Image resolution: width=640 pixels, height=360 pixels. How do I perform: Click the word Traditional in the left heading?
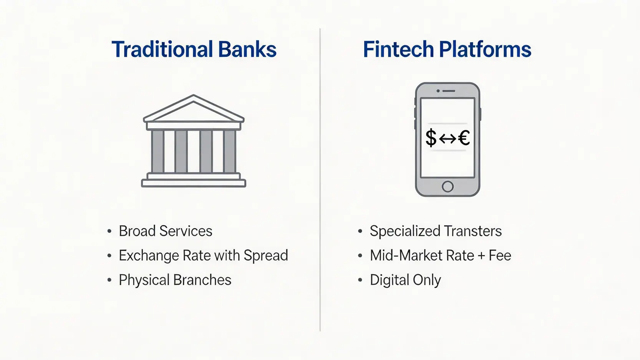[162, 50]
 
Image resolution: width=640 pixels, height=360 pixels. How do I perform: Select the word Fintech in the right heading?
[398, 50]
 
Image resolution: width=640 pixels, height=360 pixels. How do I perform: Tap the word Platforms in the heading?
[485, 50]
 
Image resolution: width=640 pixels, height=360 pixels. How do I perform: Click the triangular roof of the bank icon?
[194, 109]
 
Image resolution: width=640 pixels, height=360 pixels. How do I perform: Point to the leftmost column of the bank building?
[158, 151]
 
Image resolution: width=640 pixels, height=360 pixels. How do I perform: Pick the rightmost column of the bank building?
[229, 151]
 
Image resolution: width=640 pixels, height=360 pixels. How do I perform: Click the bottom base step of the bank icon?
[194, 183]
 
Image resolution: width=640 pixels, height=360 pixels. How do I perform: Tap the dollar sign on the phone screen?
[431, 138]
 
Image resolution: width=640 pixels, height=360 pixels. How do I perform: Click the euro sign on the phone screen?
[464, 138]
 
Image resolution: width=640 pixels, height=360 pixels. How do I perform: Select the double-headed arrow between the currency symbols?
[448, 138]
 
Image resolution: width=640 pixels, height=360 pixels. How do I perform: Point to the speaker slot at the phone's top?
[449, 91]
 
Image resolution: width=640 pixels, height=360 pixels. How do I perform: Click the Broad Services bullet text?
[165, 231]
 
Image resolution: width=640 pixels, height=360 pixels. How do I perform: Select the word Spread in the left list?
[265, 256]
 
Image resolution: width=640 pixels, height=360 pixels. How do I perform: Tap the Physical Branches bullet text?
[175, 280]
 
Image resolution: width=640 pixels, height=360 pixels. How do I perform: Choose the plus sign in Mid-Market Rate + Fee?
[481, 256]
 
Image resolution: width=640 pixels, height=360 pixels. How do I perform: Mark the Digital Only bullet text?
[405, 280]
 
